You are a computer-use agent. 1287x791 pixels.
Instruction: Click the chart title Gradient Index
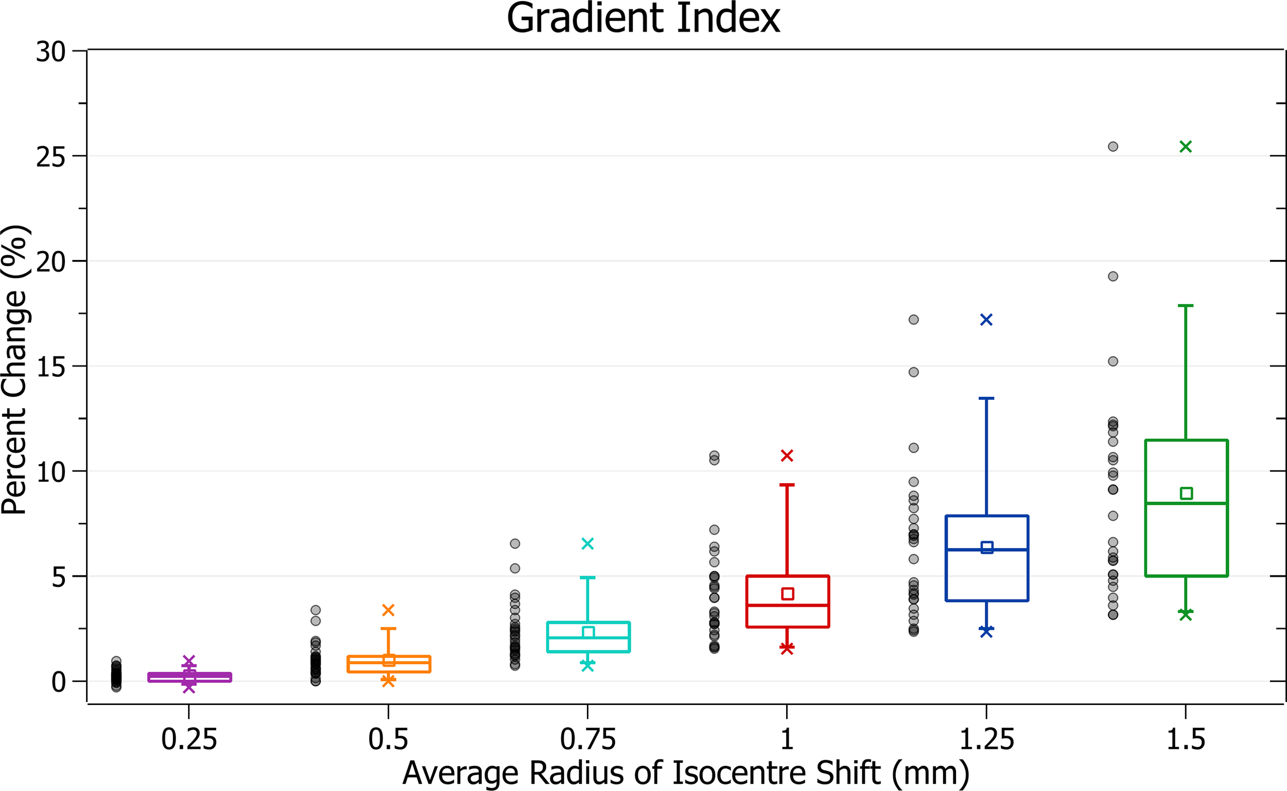point(643,19)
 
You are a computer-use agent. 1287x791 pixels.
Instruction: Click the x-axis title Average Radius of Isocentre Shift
point(685,773)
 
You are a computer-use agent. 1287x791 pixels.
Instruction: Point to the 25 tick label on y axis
point(51,156)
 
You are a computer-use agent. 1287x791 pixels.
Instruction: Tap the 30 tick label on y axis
point(51,52)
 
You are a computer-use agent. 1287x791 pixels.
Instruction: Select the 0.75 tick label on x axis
point(587,739)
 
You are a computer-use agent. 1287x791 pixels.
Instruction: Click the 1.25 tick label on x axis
point(986,739)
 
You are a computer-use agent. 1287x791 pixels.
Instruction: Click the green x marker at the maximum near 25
point(1186,147)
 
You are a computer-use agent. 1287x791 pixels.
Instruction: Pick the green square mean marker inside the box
point(1186,494)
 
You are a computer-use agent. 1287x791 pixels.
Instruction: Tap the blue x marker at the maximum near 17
point(986,320)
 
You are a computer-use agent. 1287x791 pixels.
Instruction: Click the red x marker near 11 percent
point(787,455)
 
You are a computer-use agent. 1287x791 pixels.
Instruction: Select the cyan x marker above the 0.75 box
point(587,544)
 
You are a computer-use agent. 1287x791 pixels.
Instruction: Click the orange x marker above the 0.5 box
point(388,610)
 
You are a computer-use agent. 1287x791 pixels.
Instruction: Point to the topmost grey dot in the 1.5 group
point(1114,147)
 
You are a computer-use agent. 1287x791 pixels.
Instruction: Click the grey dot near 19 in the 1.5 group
point(1114,276)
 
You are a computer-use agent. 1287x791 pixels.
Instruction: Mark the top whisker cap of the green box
point(1186,306)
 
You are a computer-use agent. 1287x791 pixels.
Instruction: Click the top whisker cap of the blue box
point(986,399)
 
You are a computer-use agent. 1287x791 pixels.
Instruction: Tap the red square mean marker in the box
point(787,594)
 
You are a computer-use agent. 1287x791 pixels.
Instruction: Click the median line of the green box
point(1186,503)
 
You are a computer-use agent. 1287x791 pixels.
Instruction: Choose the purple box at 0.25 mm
point(189,677)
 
